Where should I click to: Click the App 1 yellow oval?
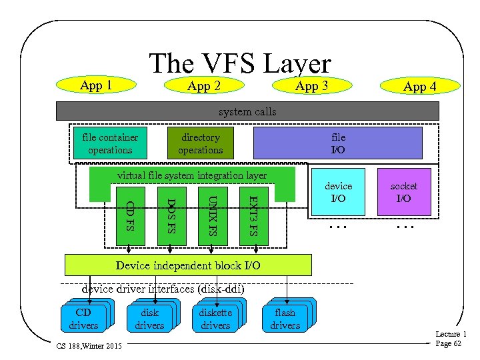point(95,85)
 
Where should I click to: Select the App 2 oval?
point(203,86)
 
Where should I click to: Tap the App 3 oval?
point(311,85)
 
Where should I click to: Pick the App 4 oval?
point(420,86)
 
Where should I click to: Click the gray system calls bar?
point(247,111)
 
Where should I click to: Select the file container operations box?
point(110,143)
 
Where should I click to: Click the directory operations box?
point(200,143)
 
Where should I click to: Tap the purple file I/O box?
point(338,143)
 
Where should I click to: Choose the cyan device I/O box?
point(338,192)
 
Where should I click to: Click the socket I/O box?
point(403,192)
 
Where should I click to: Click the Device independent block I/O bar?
point(188,265)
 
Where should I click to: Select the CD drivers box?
point(83,319)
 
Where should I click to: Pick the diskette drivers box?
point(215,319)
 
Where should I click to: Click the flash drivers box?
point(285,319)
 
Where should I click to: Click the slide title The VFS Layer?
point(240,64)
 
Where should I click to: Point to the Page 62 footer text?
point(448,343)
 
